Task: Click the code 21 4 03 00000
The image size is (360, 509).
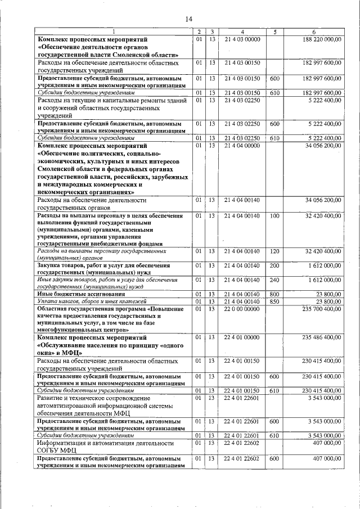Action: click(x=242, y=39)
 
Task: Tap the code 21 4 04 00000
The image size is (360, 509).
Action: click(x=242, y=146)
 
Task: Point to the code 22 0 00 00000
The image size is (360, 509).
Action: click(x=242, y=309)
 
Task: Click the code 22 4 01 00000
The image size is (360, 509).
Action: click(x=242, y=337)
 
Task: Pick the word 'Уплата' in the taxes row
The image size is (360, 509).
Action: click(x=47, y=301)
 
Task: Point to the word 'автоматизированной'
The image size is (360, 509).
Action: click(x=72, y=406)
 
